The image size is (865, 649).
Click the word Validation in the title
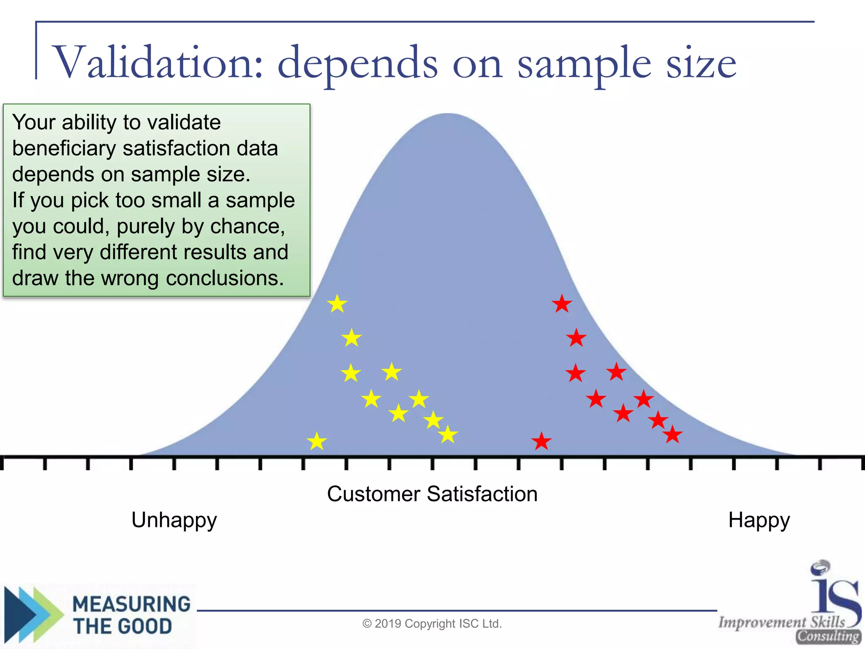click(158, 63)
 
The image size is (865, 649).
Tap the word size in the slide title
click(701, 63)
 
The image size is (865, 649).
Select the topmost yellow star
click(337, 304)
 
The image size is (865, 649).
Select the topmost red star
click(562, 304)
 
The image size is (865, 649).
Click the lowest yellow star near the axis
click(317, 442)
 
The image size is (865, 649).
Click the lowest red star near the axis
click(541, 442)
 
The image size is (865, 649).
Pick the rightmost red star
click(672, 434)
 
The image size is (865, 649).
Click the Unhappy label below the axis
click(174, 520)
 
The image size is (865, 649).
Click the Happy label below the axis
click(759, 520)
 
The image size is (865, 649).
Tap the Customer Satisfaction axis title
click(432, 494)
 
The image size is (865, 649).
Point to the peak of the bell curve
click(449, 115)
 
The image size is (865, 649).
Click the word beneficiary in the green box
click(63, 148)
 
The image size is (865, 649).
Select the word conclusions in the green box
click(225, 278)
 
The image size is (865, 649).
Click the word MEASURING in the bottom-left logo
click(132, 604)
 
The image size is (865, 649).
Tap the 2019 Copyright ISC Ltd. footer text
click(432, 624)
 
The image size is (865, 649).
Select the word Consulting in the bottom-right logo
click(828, 636)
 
